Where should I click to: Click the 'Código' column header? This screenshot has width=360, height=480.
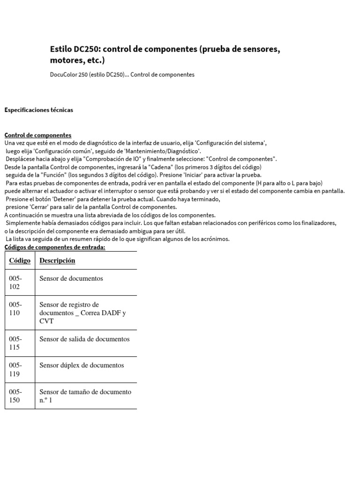tap(20, 261)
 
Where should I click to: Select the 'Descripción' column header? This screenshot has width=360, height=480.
tap(57, 261)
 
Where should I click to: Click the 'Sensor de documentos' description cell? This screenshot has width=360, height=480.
tap(71, 278)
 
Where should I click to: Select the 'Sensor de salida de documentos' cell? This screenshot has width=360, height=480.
tap(84, 339)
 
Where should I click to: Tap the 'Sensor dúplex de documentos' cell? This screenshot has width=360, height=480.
tap(82, 365)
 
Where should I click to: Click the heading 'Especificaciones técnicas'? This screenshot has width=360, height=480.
tap(38, 110)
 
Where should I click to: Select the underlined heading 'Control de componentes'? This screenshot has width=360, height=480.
tap(38, 135)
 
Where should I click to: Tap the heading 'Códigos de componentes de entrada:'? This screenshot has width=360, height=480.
tap(55, 247)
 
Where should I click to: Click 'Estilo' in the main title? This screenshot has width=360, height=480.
tap(60, 49)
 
